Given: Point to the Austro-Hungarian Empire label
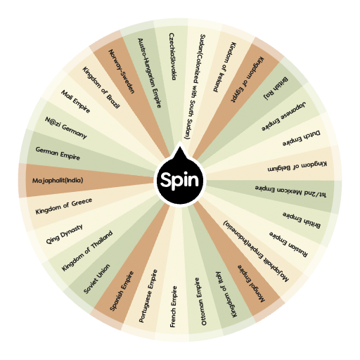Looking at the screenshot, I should pos(150,73).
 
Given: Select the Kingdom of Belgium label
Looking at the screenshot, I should pos(300,167).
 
